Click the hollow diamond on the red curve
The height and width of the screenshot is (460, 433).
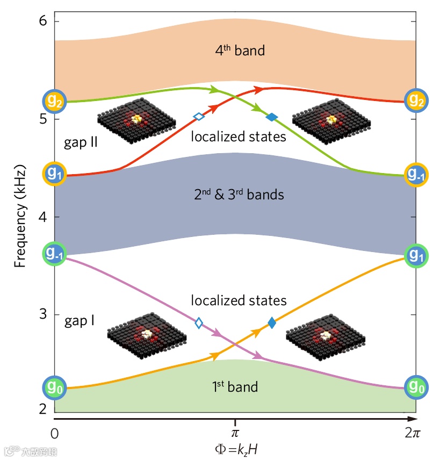(x=199, y=116)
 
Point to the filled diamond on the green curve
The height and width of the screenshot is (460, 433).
(x=272, y=117)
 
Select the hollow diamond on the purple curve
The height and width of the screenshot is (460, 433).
(x=199, y=322)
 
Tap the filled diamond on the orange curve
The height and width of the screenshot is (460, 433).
(x=272, y=322)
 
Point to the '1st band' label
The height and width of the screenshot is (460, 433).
(x=235, y=386)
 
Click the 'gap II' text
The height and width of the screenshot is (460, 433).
(x=80, y=145)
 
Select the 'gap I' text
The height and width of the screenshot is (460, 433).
(x=80, y=321)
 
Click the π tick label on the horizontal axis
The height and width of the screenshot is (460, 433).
(x=235, y=431)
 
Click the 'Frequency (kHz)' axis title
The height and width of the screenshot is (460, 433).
(x=20, y=217)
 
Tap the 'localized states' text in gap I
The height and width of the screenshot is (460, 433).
(x=239, y=300)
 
